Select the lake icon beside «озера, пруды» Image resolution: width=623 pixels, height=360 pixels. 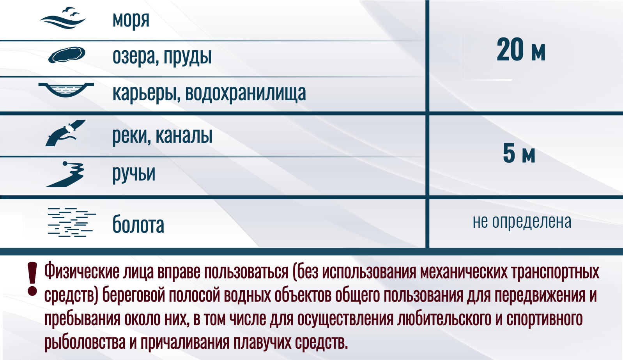click(67, 55)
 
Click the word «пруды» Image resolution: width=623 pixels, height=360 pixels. click(188, 57)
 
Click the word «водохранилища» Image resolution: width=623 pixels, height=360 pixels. click(246, 93)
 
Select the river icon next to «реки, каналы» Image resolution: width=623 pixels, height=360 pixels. click(65, 133)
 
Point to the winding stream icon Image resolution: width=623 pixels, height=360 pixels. click(65, 174)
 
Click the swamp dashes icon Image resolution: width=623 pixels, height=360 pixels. click(72, 222)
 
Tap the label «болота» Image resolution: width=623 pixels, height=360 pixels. click(138, 224)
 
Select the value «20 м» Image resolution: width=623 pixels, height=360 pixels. click(521, 50)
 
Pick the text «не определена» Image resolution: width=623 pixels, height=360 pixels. click(522, 222)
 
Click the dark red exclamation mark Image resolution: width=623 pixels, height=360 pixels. click(32, 279)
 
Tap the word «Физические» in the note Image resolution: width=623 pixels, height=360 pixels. click(82, 271)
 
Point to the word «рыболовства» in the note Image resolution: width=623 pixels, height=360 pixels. click(85, 343)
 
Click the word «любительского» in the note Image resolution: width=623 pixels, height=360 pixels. click(444, 319)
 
